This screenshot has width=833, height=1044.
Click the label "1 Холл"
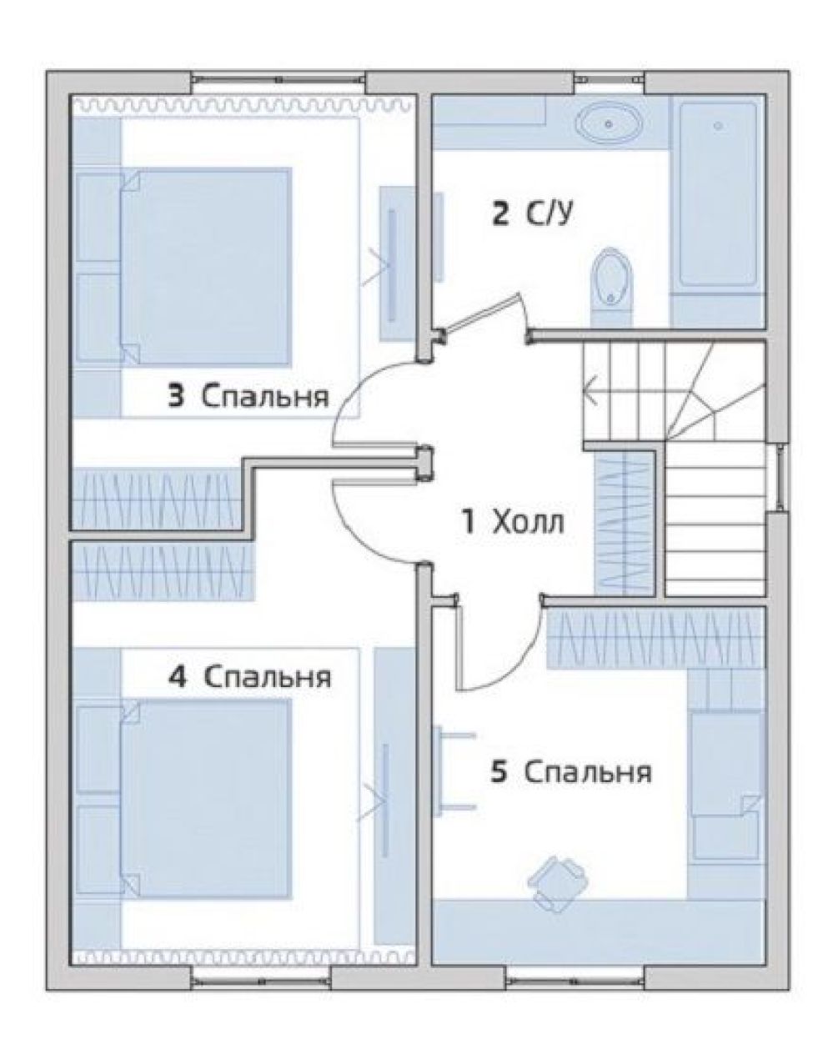[x=512, y=523]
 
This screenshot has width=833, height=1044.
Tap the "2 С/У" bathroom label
[x=532, y=214]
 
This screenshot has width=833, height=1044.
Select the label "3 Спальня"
[x=248, y=395]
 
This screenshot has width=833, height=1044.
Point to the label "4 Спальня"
[x=250, y=676]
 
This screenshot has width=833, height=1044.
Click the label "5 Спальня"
[x=570, y=772]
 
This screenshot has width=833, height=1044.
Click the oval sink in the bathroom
[x=609, y=124]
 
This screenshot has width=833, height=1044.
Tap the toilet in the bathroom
[x=612, y=289]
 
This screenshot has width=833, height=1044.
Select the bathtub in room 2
[x=718, y=194]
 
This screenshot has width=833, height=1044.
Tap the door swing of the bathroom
[x=485, y=314]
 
